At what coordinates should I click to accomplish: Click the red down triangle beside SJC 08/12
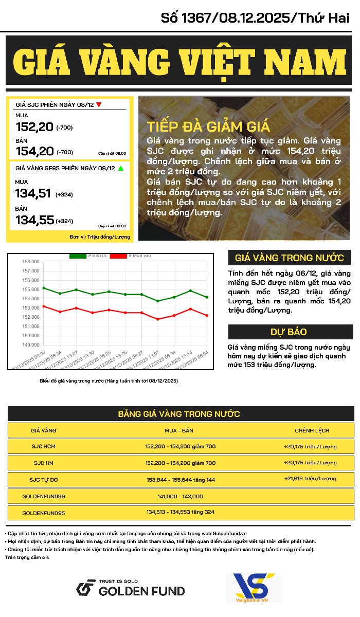coord(99,105)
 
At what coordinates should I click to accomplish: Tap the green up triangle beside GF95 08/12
coord(120,168)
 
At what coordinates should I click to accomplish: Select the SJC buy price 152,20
coord(35,126)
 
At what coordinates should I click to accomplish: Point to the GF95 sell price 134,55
coord(35,221)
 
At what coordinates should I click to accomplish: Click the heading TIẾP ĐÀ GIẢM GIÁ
coord(208,127)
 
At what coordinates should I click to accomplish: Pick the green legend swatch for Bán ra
coord(78,256)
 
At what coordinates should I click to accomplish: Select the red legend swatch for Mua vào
coord(118,256)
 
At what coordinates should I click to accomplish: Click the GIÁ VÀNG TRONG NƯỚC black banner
coord(290,258)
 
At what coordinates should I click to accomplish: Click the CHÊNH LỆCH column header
coord(312,430)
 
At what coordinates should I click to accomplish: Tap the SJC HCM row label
coord(44,446)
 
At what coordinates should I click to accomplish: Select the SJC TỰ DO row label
coord(44,480)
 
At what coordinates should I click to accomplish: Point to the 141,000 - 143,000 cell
coord(180,496)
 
